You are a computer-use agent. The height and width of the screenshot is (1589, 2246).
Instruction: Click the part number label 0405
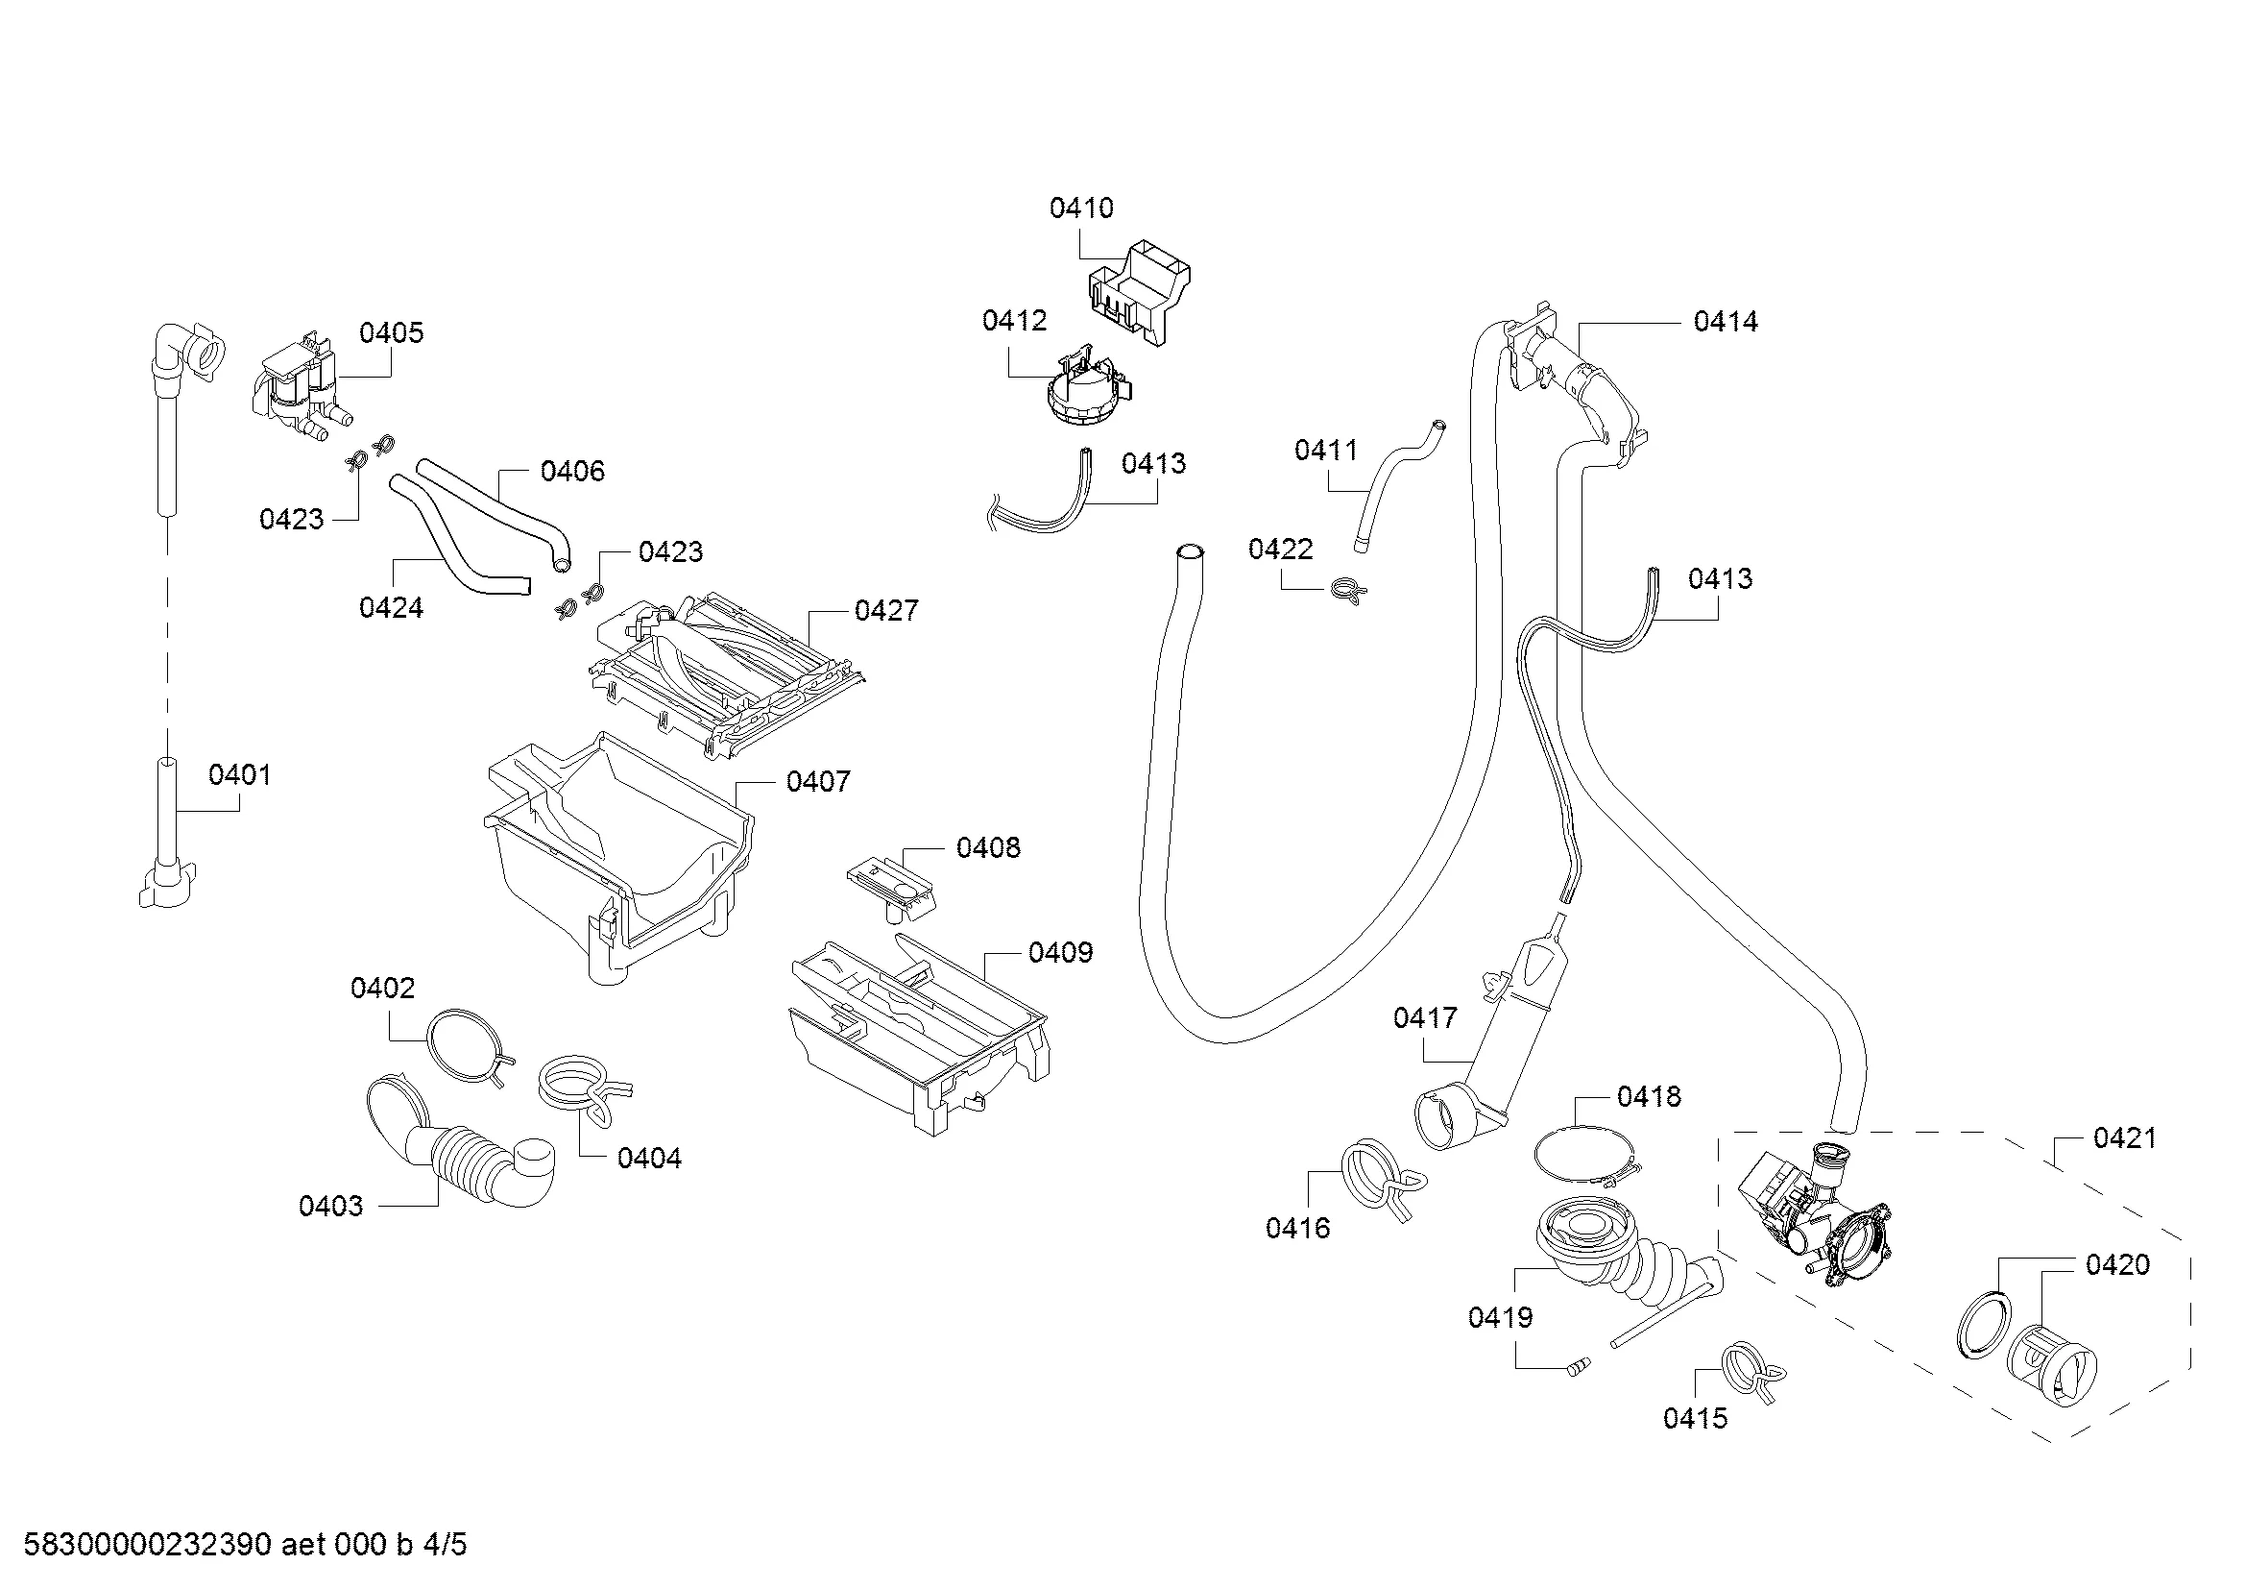tap(391, 333)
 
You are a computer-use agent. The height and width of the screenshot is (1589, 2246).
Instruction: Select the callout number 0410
tap(1081, 208)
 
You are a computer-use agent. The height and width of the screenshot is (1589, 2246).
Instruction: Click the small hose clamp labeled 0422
tap(1349, 590)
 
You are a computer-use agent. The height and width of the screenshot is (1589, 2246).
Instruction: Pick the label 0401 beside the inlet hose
tap(240, 776)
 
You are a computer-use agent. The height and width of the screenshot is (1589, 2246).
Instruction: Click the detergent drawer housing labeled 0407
tap(616, 861)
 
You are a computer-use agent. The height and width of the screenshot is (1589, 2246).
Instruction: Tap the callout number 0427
tap(886, 612)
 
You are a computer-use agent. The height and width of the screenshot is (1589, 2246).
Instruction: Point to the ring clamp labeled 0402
tap(467, 1045)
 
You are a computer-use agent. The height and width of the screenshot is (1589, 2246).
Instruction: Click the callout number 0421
tap(2125, 1139)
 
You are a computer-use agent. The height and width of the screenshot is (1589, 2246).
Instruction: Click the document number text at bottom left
tap(245, 1545)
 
